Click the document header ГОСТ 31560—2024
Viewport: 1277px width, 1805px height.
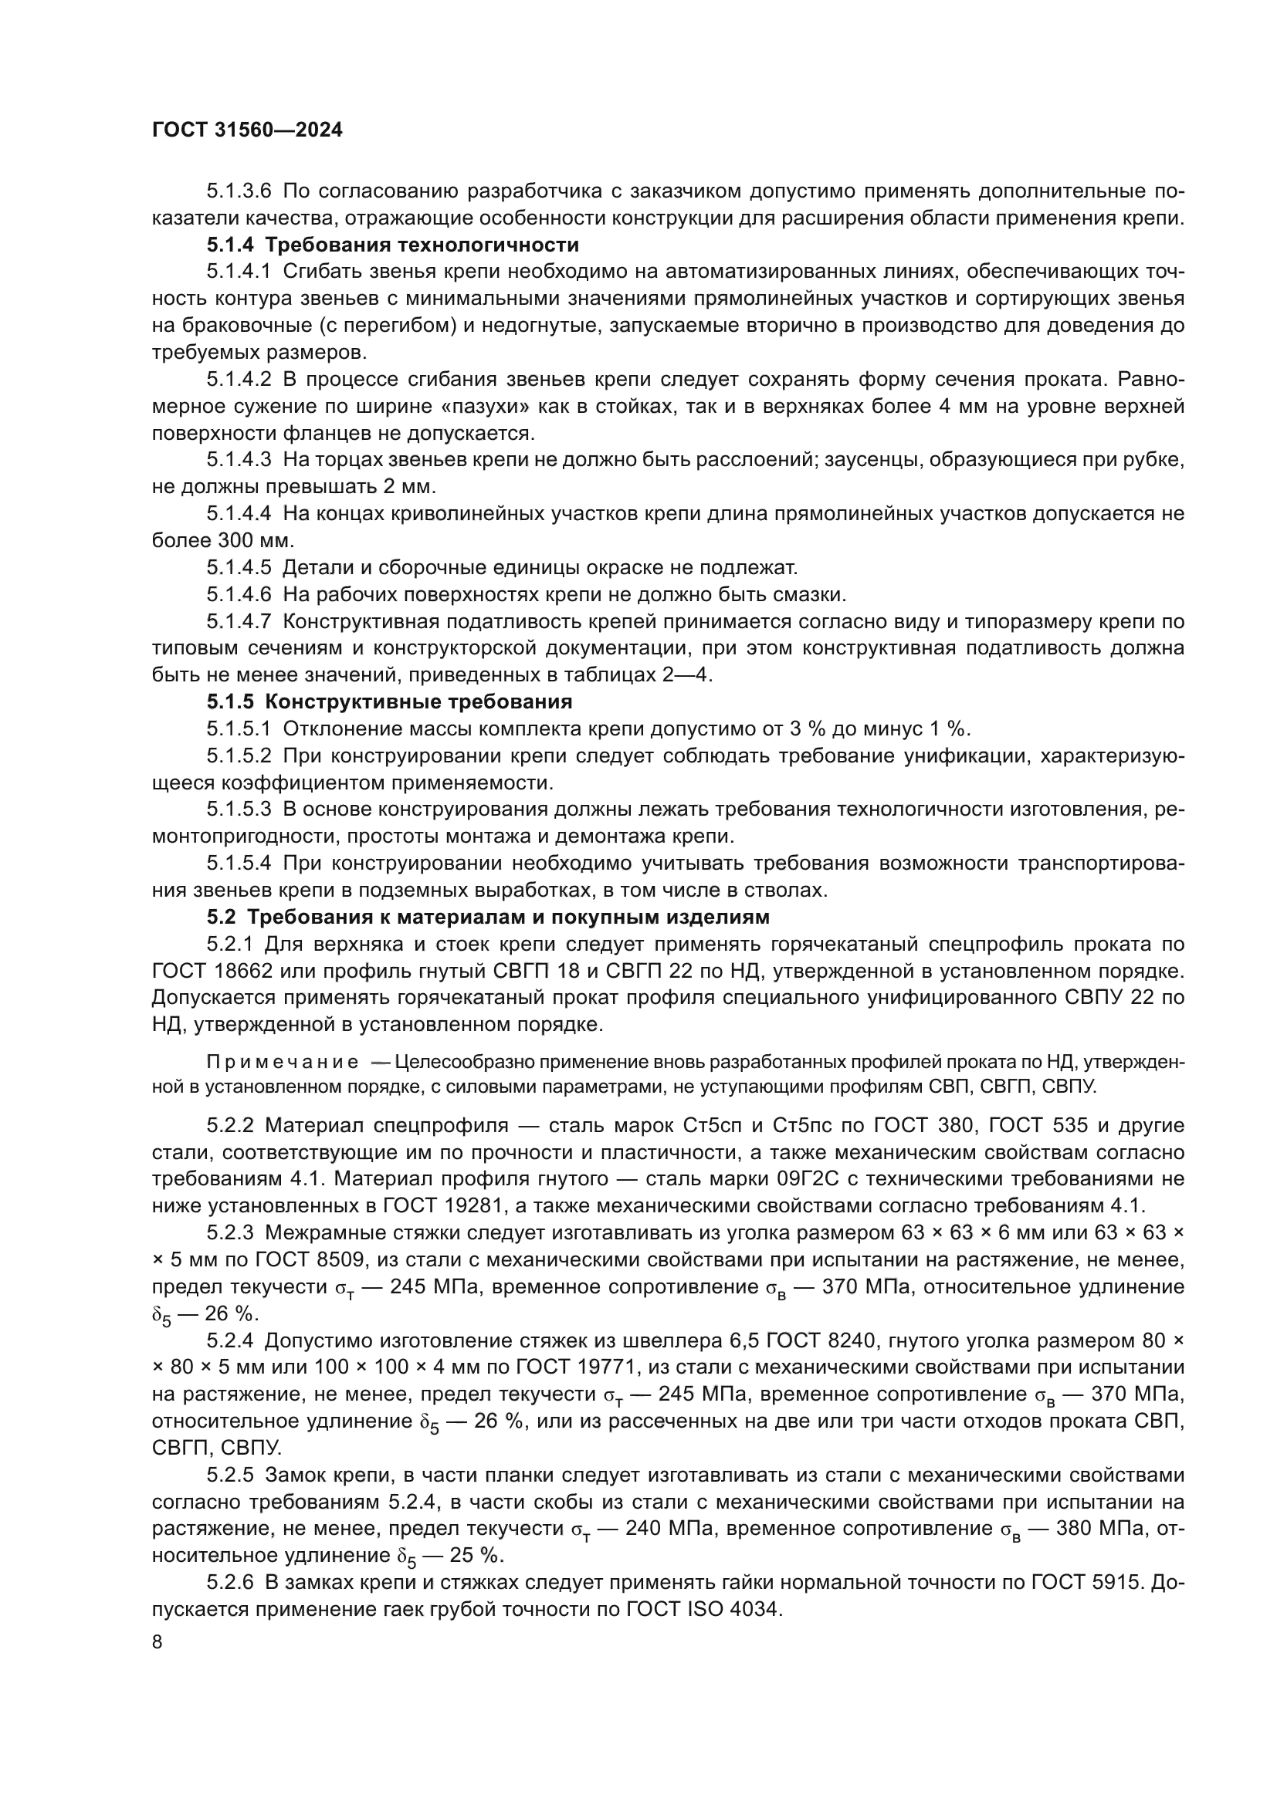click(247, 130)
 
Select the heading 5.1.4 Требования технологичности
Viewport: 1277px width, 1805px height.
click(392, 245)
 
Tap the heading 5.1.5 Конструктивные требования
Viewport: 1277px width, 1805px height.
click(389, 701)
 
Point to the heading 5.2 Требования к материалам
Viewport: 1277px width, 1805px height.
click(487, 917)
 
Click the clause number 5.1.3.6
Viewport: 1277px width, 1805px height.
click(239, 191)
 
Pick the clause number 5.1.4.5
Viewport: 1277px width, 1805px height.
click(239, 567)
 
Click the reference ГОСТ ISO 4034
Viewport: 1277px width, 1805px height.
click(704, 1609)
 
